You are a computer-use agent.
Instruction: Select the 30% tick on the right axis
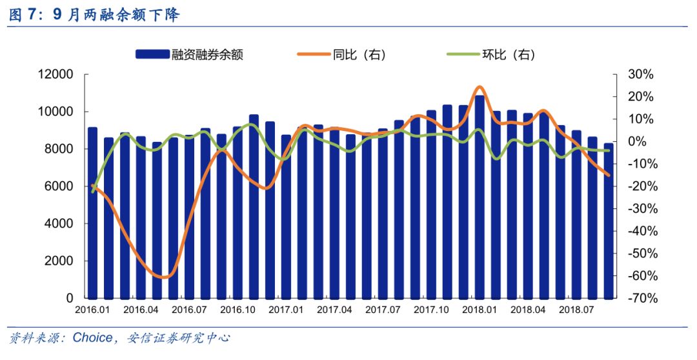point(641,74)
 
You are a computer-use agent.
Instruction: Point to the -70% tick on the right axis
point(639,299)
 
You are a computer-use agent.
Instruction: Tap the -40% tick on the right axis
point(639,231)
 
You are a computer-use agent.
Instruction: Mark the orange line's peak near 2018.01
point(479,86)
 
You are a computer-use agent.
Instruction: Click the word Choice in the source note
point(91,337)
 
